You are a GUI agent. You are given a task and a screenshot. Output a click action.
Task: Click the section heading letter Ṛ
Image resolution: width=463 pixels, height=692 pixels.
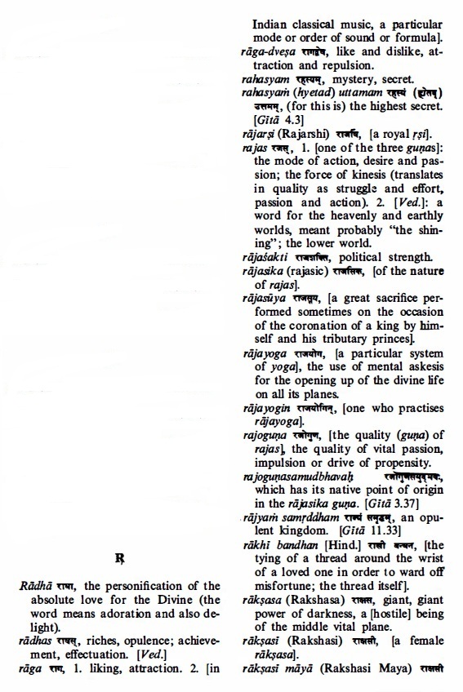point(121,559)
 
